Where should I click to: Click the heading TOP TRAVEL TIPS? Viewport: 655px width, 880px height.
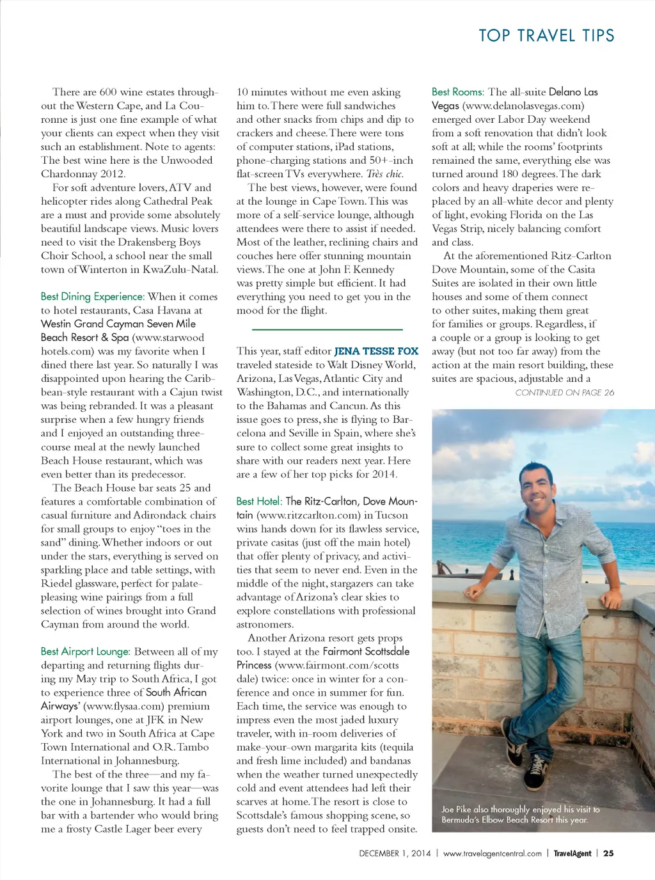click(x=546, y=36)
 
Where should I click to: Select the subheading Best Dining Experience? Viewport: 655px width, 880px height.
click(x=92, y=297)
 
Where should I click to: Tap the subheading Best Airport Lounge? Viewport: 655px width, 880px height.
click(x=85, y=652)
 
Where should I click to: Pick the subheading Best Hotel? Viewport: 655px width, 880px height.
click(x=258, y=501)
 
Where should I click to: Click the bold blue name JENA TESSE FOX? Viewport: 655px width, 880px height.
click(x=376, y=351)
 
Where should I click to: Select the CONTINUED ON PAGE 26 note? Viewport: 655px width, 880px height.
click(x=564, y=393)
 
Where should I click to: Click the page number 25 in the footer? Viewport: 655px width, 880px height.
click(x=608, y=853)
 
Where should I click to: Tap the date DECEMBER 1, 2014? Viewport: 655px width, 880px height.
click(x=395, y=853)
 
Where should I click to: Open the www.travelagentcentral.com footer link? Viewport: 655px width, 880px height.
click(x=492, y=853)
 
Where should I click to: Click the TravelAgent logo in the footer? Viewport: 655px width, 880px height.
click(x=572, y=853)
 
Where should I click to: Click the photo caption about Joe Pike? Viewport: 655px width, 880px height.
click(x=520, y=814)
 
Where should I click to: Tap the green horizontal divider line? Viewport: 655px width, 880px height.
click(x=327, y=329)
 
